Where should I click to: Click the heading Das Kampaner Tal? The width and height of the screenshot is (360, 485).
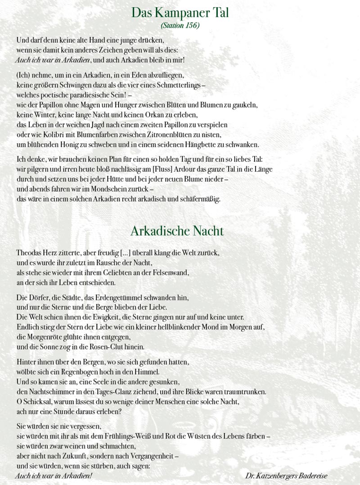click(180, 13)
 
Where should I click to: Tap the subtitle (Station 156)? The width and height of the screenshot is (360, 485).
click(180, 25)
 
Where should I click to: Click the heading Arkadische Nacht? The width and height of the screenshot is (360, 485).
click(177, 231)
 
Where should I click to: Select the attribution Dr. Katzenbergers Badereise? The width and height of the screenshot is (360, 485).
click(287, 476)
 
